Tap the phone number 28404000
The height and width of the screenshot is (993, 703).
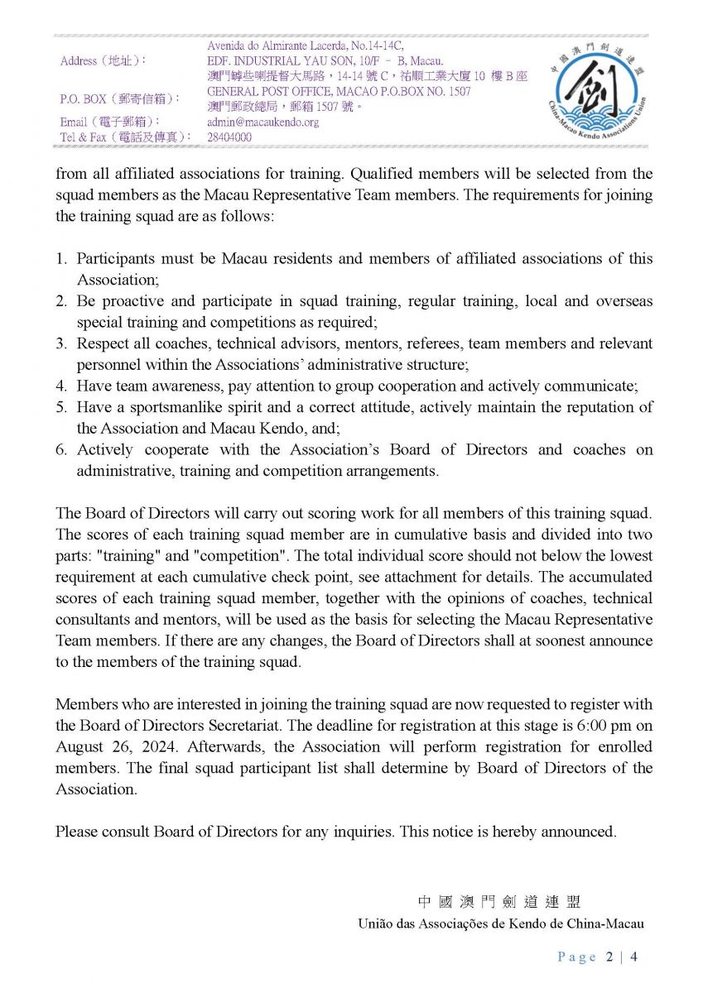(x=229, y=137)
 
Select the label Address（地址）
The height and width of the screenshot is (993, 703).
(x=104, y=61)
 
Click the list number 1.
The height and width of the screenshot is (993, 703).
(x=61, y=258)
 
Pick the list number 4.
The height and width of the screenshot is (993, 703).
(x=61, y=386)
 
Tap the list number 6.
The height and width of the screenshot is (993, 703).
(x=61, y=449)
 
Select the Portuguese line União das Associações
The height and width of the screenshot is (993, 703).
(x=500, y=923)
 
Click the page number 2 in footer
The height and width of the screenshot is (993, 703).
(x=610, y=957)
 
